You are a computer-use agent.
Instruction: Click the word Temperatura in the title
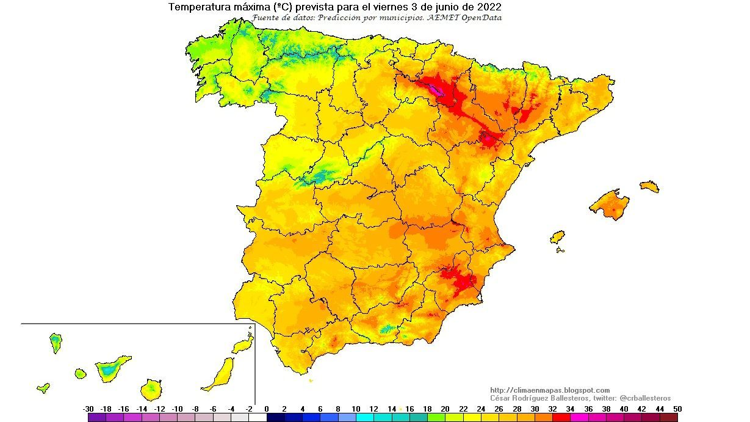pyautogui.click(x=195, y=7)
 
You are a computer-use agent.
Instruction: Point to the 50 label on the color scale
pyautogui.click(x=677, y=409)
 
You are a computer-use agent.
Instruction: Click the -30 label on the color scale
pyautogui.click(x=88, y=409)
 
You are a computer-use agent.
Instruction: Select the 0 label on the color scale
pyautogui.click(x=267, y=409)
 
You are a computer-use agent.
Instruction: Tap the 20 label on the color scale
pyautogui.click(x=445, y=409)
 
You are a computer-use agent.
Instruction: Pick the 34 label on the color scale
pyautogui.click(x=570, y=409)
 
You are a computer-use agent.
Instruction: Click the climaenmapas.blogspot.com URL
pyautogui.click(x=550, y=390)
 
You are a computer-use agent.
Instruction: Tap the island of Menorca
pyautogui.click(x=650, y=186)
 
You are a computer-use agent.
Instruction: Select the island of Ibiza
pyautogui.click(x=557, y=237)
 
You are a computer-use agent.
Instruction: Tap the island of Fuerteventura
pyautogui.click(x=220, y=374)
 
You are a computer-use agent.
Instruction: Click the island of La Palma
pyautogui.click(x=56, y=343)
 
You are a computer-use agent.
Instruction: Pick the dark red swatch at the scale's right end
pyautogui.click(x=668, y=418)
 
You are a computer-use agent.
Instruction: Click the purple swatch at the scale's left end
pyautogui.click(x=97, y=418)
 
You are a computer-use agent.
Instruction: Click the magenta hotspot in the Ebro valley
pyautogui.click(x=436, y=91)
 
